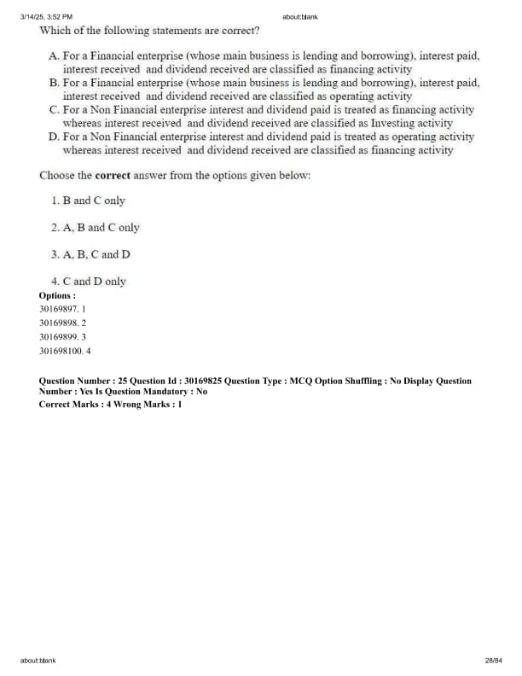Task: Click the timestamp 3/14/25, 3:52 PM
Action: point(46,16)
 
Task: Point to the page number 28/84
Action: point(493,660)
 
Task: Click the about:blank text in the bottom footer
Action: point(38,660)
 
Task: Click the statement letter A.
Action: point(54,55)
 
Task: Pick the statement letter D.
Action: point(54,137)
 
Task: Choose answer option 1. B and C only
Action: point(88,201)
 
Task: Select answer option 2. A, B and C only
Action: point(95,228)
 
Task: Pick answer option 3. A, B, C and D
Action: point(90,254)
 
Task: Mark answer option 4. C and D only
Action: point(88,281)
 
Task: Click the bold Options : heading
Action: point(57,295)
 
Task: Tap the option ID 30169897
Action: point(58,309)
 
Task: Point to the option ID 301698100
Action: point(61,350)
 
